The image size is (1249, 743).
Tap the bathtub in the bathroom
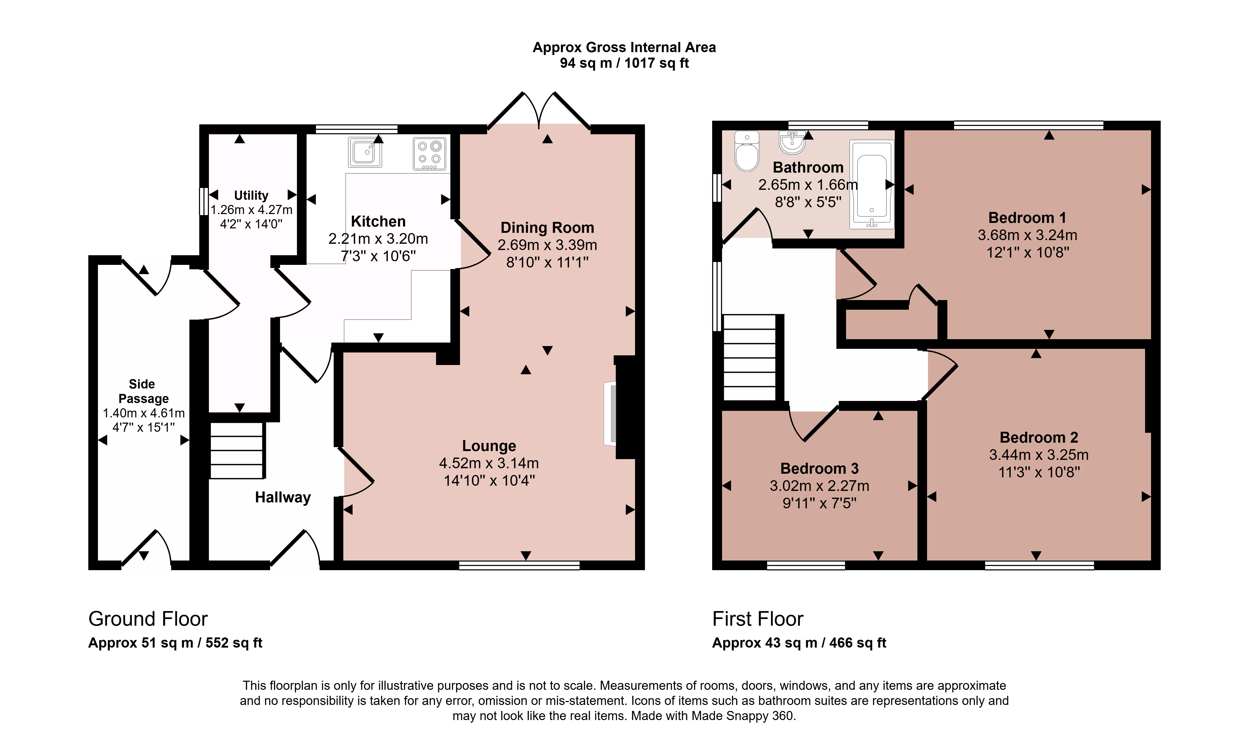click(871, 184)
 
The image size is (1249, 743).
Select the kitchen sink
click(365, 152)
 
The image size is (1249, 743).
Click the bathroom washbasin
click(792, 142)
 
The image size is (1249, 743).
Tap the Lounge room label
click(489, 446)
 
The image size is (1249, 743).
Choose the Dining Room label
click(547, 228)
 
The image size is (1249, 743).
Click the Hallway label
click(283, 497)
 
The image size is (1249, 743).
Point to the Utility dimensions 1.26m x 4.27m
click(252, 210)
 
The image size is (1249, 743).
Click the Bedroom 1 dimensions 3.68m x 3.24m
click(1027, 235)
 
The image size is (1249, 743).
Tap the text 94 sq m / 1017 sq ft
click(624, 63)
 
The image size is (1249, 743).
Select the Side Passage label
click(143, 391)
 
